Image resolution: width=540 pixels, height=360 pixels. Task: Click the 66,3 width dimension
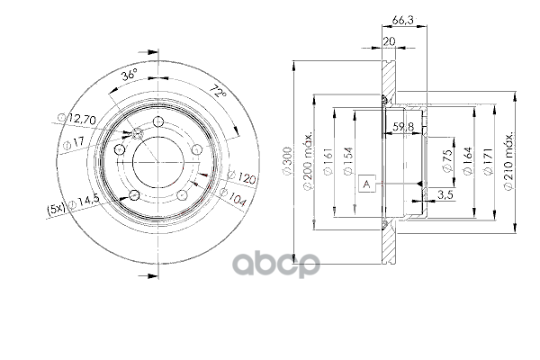point(402,20)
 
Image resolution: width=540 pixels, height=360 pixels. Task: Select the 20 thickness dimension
point(389,41)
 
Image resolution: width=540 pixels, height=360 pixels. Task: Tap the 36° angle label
point(129,75)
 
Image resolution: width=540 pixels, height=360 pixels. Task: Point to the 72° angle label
point(219,91)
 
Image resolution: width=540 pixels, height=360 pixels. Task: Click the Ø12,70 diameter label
point(76,119)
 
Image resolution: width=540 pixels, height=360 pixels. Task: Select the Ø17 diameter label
point(74,142)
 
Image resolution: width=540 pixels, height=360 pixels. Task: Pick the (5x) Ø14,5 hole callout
point(73,205)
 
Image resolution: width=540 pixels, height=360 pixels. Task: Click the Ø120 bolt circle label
point(242,177)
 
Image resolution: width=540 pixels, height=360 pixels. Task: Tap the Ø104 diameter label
point(233,198)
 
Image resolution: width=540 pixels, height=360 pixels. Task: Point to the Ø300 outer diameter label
point(287,161)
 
